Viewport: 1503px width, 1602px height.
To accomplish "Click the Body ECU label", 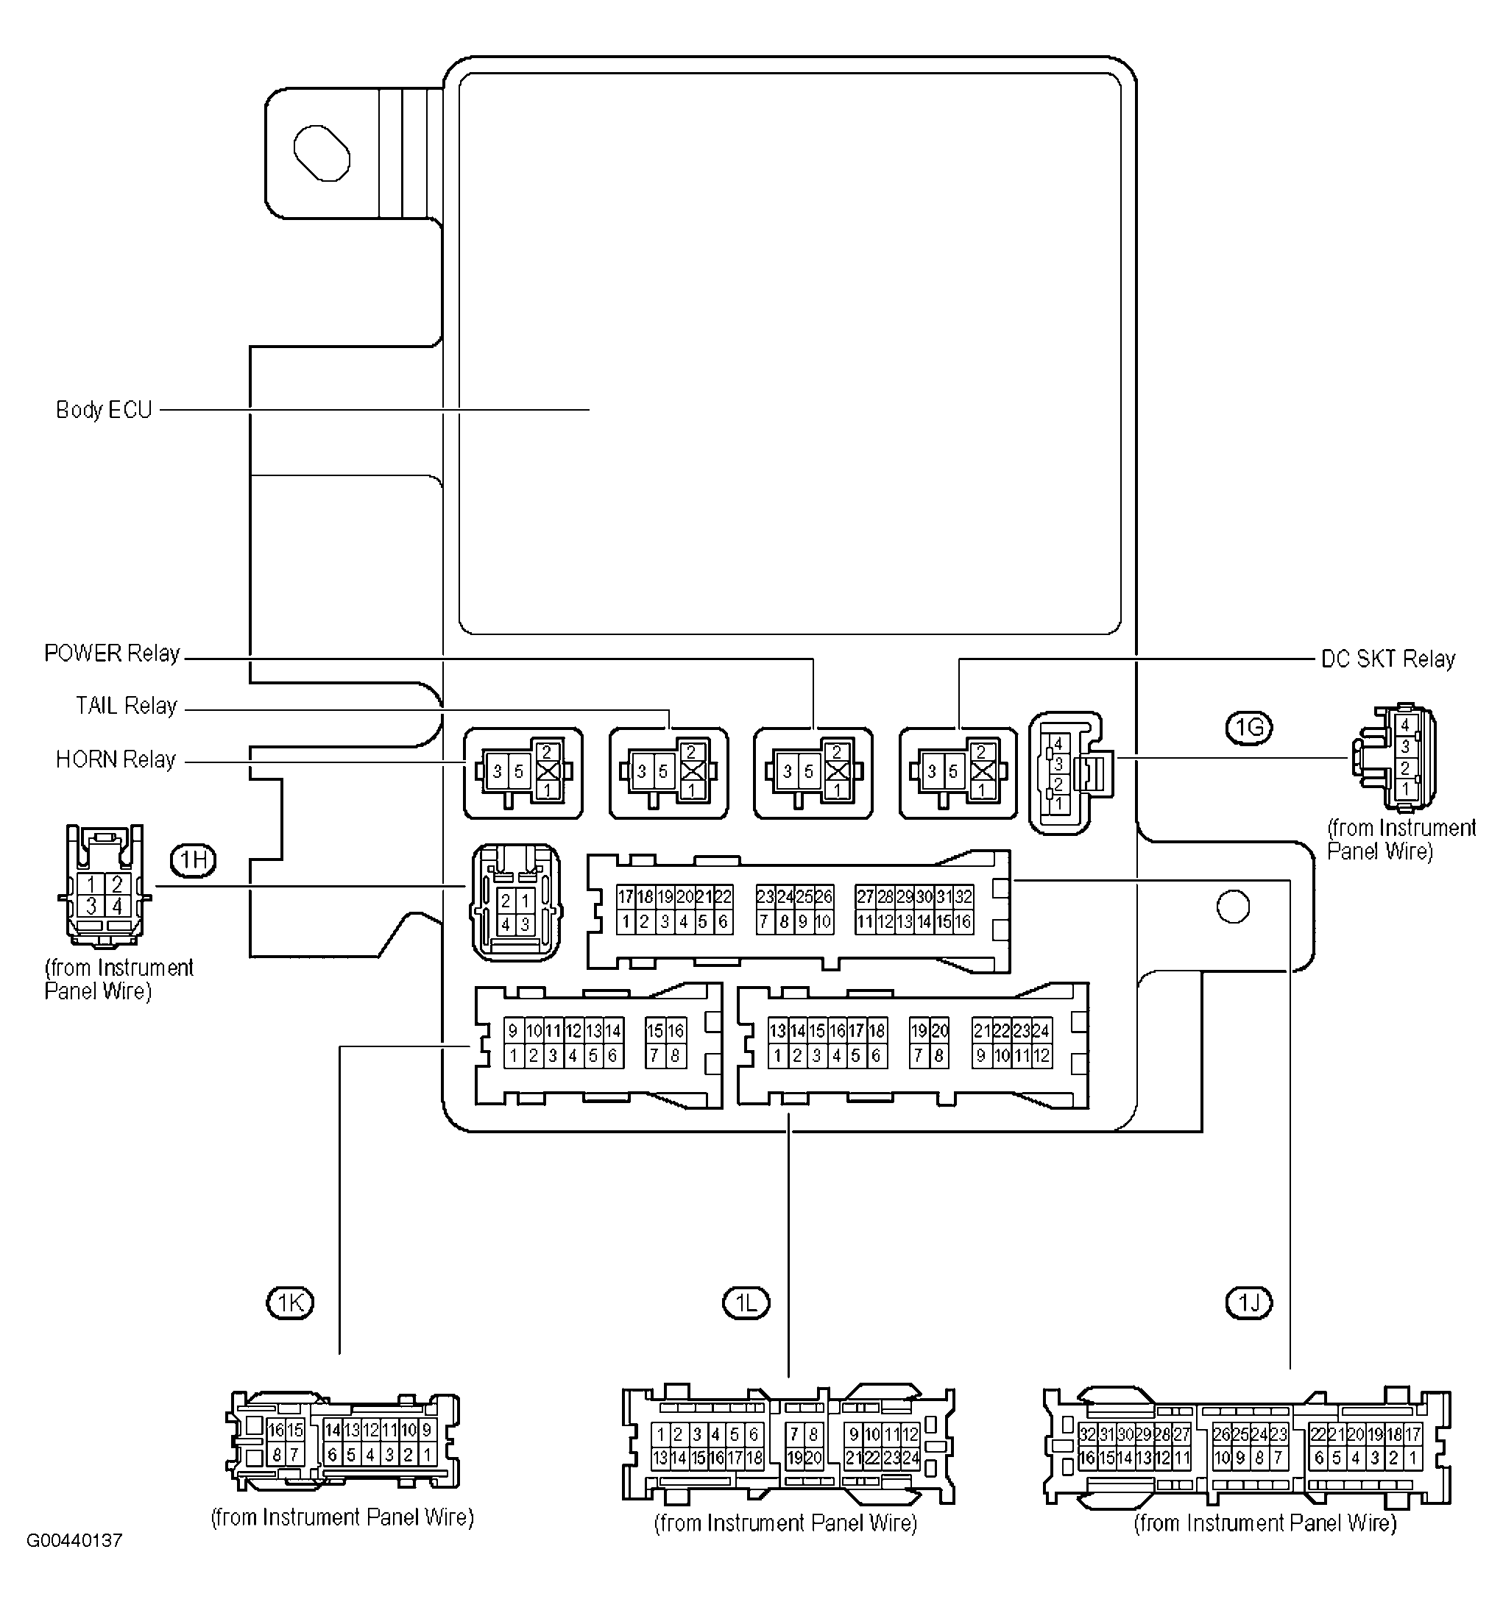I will click(x=104, y=410).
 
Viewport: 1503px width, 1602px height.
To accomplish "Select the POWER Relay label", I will click(x=112, y=653).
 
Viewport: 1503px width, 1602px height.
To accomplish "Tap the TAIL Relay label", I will click(x=126, y=706).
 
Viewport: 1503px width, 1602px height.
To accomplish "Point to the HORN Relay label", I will click(x=116, y=760).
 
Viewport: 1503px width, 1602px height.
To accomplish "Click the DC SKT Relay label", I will click(x=1387, y=659).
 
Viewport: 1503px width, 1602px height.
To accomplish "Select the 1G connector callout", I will click(x=1248, y=729).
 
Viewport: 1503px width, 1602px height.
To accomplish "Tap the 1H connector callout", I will click(x=194, y=862).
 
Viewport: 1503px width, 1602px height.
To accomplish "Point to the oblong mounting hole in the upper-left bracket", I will click(x=322, y=153).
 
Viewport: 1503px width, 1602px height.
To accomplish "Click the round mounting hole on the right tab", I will click(x=1232, y=907).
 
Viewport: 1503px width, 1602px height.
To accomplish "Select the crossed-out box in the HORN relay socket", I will click(x=547, y=771).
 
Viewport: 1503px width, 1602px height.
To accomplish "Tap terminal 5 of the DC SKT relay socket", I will click(x=952, y=772).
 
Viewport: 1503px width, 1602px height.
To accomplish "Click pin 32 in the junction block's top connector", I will click(x=964, y=897).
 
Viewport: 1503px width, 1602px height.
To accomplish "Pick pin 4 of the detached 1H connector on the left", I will click(x=117, y=907).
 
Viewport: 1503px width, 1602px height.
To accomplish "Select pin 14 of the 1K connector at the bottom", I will click(x=332, y=1431).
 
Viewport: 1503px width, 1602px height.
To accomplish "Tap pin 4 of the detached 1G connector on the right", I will click(x=1404, y=726).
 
